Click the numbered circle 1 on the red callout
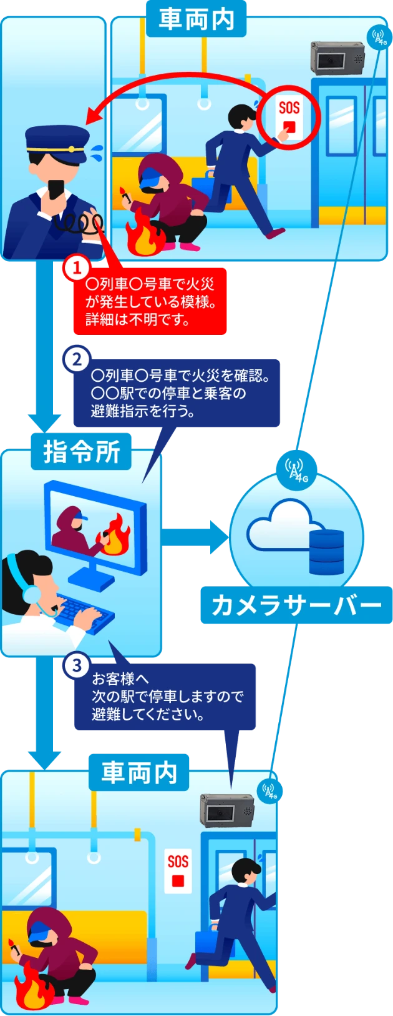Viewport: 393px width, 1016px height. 77,269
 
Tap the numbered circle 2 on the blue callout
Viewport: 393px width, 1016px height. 77,359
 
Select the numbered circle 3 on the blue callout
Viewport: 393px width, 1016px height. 77,665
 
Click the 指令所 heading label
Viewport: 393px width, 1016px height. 81,452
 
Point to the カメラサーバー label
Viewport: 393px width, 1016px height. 296,605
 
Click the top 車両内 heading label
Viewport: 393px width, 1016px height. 196,19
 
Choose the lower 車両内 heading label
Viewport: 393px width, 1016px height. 139,773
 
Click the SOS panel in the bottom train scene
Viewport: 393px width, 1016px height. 178,870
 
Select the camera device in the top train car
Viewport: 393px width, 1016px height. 337,59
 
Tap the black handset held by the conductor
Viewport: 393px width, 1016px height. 54,189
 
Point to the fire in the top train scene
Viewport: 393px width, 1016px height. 142,236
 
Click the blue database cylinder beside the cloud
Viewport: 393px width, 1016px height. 326,551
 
